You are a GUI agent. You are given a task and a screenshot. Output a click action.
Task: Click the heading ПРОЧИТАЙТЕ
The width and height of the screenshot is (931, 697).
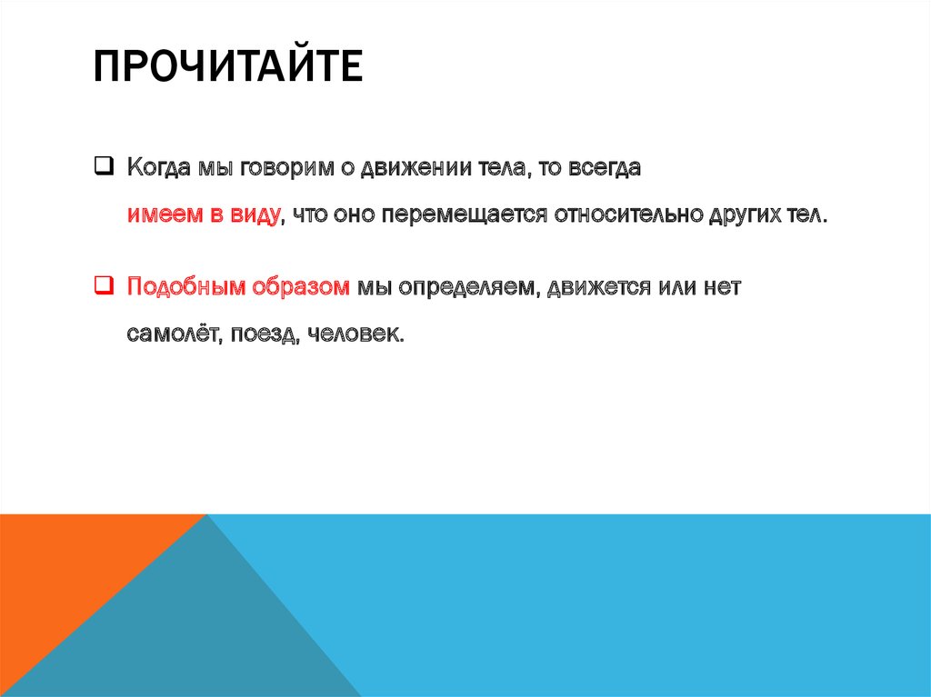[228, 69]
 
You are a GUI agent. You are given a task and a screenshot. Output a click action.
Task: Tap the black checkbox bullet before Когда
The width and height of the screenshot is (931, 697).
[104, 166]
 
